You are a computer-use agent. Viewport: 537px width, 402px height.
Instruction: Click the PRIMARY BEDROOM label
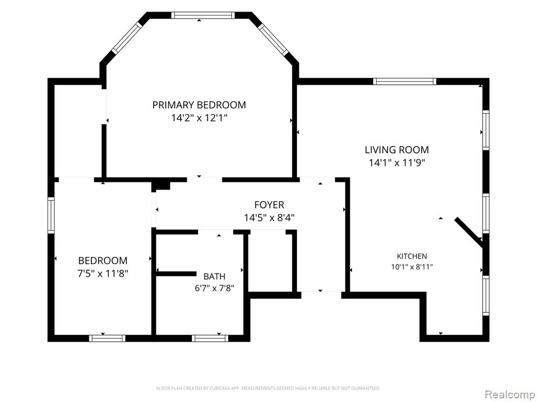(x=199, y=105)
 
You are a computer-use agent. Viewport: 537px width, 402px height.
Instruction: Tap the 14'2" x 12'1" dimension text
(x=199, y=118)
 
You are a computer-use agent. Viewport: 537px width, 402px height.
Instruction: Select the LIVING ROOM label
(x=396, y=150)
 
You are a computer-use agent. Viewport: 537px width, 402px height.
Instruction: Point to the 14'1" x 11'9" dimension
(x=396, y=163)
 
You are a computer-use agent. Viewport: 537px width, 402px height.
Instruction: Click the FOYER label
(x=269, y=205)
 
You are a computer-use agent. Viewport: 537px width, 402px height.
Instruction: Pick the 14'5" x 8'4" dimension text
(x=269, y=217)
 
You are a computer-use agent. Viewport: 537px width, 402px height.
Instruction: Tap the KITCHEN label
(x=412, y=256)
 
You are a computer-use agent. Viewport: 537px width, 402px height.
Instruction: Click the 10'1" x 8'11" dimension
(x=412, y=267)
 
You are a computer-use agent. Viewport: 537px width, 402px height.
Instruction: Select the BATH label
(x=214, y=276)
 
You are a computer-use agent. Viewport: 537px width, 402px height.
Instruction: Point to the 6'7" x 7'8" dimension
(x=214, y=288)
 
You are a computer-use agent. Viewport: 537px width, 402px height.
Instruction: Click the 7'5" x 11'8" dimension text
(x=103, y=273)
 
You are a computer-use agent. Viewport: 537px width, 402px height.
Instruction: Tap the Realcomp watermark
(x=510, y=395)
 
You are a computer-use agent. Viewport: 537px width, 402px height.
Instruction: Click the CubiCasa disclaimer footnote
(x=268, y=388)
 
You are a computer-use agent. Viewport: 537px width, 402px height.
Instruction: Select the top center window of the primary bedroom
(x=203, y=15)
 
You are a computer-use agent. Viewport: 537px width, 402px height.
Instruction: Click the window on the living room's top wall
(x=404, y=81)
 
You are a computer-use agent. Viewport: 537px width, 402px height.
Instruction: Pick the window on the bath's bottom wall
(x=210, y=339)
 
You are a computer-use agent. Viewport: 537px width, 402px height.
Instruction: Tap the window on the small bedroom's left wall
(x=51, y=215)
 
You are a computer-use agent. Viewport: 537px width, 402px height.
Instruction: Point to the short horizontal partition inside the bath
(x=176, y=273)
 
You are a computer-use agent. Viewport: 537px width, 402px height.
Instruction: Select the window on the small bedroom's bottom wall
(x=107, y=339)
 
